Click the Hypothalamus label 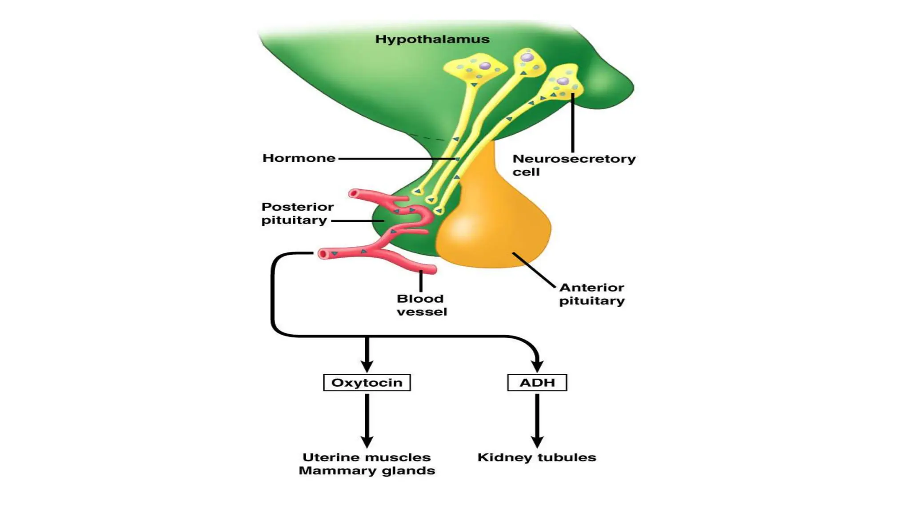[x=432, y=39]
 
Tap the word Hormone [x=299, y=158]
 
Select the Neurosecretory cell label [x=573, y=165]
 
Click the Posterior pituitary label [x=297, y=213]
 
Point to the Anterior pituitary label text [x=591, y=294]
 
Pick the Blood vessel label [x=421, y=305]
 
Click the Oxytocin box [x=367, y=383]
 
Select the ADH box [x=537, y=383]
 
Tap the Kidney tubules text [x=536, y=457]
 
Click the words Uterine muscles [x=367, y=457]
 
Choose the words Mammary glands [x=367, y=471]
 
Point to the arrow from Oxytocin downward [x=367, y=420]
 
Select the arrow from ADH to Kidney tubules [x=537, y=420]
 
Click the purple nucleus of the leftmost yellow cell [x=485, y=66]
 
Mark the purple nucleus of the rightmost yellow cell [x=563, y=81]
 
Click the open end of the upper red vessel [x=354, y=193]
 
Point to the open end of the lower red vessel [x=323, y=254]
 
